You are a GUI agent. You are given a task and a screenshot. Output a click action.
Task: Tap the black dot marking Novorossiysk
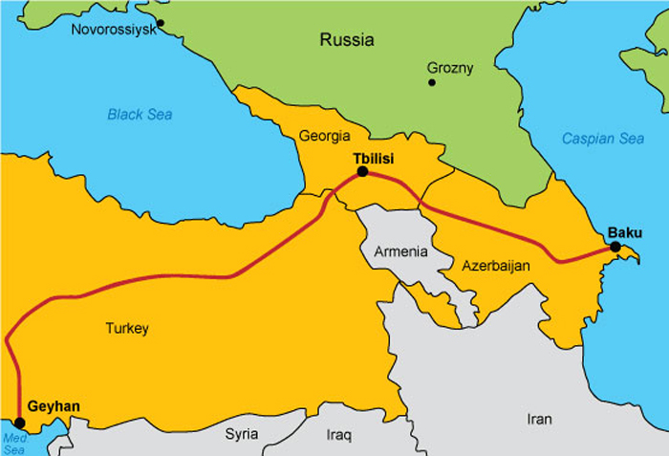pyautogui.click(x=161, y=22)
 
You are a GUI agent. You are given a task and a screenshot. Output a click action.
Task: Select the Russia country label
pyautogui.click(x=347, y=40)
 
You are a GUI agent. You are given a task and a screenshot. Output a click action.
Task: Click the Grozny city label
pyautogui.click(x=451, y=68)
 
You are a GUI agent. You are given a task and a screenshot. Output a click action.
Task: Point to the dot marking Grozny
pyautogui.click(x=432, y=83)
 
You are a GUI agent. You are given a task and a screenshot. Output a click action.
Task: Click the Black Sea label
pyautogui.click(x=140, y=115)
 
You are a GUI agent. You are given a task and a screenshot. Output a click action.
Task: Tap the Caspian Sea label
pyautogui.click(x=602, y=139)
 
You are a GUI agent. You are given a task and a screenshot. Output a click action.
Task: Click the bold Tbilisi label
pyautogui.click(x=374, y=157)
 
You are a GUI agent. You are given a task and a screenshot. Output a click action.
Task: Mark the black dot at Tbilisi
pyautogui.click(x=362, y=172)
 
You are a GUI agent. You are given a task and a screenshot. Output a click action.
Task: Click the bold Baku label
pyautogui.click(x=625, y=232)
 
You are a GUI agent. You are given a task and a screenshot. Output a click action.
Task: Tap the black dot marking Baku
pyautogui.click(x=615, y=248)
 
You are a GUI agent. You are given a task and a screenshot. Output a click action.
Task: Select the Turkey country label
pyautogui.click(x=127, y=329)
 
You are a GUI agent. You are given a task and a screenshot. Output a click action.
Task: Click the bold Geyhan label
pyautogui.click(x=54, y=406)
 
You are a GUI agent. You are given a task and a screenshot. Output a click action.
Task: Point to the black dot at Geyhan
pyautogui.click(x=19, y=422)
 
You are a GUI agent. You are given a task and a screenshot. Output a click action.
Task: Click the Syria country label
pyautogui.click(x=242, y=434)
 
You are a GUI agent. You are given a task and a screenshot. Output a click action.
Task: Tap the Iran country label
pyautogui.click(x=540, y=419)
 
